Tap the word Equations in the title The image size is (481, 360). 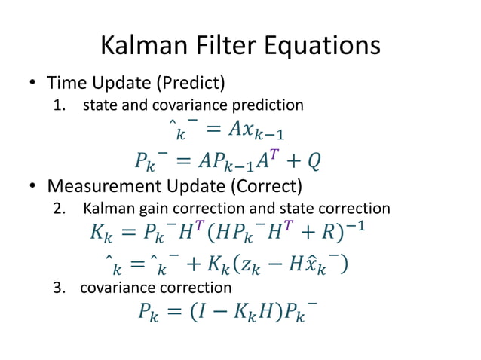320,47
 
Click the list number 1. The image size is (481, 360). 60,105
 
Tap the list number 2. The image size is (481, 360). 60,209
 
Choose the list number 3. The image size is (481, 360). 60,287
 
